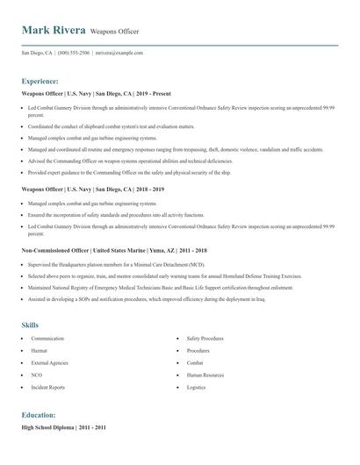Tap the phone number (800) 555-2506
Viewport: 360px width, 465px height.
tap(75, 53)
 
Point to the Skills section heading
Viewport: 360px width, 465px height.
tap(31, 325)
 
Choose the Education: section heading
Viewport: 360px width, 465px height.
tap(39, 414)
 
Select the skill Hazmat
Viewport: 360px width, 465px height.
tap(40, 350)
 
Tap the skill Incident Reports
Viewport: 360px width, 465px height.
tap(47, 386)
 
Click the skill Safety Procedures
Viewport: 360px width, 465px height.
tap(205, 338)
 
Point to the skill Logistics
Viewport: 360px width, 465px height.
tap(196, 386)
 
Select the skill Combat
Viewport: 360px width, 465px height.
tap(195, 361)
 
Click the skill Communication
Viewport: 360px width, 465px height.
tap(47, 338)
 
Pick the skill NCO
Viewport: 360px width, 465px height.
tap(37, 374)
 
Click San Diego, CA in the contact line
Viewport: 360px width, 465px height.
tap(37, 53)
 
